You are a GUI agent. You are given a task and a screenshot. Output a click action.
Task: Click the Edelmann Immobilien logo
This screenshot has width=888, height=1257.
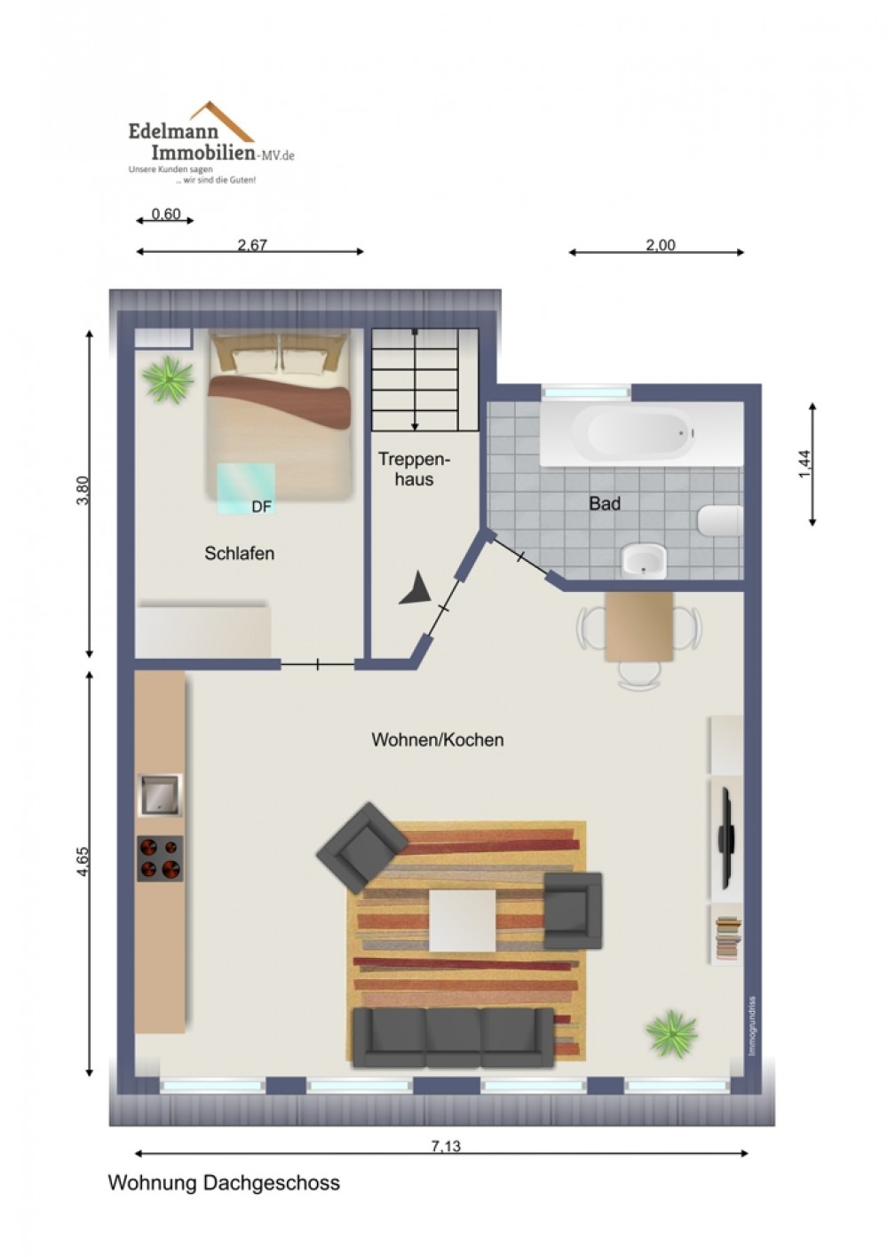tap(211, 143)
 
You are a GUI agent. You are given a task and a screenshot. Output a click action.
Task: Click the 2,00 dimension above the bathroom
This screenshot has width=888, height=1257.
tap(660, 245)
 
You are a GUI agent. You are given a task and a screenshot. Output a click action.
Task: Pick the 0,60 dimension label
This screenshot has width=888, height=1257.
tap(166, 214)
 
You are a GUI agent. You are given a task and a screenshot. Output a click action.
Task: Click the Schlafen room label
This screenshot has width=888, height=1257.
tap(239, 553)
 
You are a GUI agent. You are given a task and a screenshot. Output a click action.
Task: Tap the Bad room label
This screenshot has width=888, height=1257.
tap(605, 503)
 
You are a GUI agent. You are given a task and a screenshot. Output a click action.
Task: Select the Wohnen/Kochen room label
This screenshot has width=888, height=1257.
tap(437, 739)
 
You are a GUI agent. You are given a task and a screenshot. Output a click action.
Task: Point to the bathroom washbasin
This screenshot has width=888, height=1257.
tap(644, 560)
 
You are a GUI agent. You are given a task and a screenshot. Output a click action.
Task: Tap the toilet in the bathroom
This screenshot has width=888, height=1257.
tap(721, 520)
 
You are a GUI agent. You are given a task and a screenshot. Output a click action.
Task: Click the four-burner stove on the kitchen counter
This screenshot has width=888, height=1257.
tap(160, 858)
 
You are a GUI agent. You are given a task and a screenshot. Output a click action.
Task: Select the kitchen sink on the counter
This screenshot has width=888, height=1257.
tap(160, 795)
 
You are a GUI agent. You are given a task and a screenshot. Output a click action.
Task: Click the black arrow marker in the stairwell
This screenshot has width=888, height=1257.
tap(416, 589)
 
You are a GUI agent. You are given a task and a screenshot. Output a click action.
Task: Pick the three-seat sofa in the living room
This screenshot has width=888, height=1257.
tap(453, 1038)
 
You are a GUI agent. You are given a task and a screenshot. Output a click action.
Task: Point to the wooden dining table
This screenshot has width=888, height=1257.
tap(638, 626)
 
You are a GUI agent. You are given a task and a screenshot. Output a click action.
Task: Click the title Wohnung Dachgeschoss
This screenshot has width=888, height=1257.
tap(224, 1183)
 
